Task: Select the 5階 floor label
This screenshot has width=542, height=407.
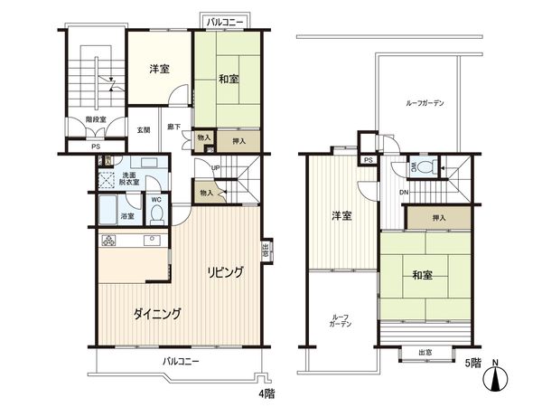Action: point(473,364)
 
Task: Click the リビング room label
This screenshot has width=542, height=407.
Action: point(223,271)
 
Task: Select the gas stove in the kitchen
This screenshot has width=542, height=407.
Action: point(109,241)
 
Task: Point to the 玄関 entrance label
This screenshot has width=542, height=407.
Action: point(144,130)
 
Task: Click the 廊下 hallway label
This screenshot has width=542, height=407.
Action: point(173,128)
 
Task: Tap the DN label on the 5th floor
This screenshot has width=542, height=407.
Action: point(404,191)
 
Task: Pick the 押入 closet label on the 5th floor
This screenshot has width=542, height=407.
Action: point(438,218)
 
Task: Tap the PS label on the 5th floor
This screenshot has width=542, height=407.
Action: point(368,160)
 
